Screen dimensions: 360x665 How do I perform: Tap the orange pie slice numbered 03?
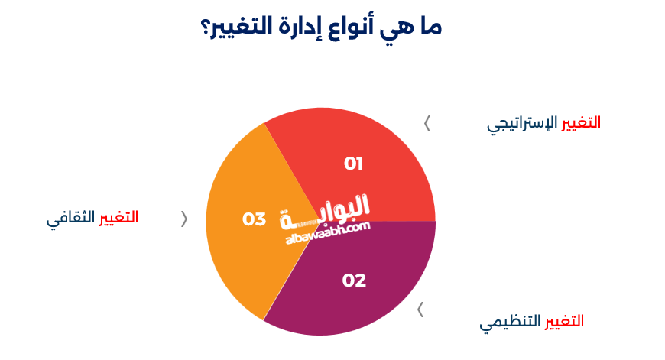237,245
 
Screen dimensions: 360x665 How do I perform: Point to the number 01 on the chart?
353,164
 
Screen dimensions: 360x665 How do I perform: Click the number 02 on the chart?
354,281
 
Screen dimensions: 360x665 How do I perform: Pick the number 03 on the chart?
254,219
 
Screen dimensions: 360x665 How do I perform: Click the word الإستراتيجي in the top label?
522,124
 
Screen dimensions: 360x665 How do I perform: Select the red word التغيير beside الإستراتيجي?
581,122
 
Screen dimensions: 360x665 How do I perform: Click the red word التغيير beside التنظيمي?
564,321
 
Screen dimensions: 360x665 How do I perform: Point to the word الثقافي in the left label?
71,218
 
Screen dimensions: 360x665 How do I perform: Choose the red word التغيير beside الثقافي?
118,217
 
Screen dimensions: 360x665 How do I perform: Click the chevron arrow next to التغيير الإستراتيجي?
427,123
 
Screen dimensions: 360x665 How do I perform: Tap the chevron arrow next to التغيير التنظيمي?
420,310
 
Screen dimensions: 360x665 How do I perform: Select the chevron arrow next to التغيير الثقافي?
183,219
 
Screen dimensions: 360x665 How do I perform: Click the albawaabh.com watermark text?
327,232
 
